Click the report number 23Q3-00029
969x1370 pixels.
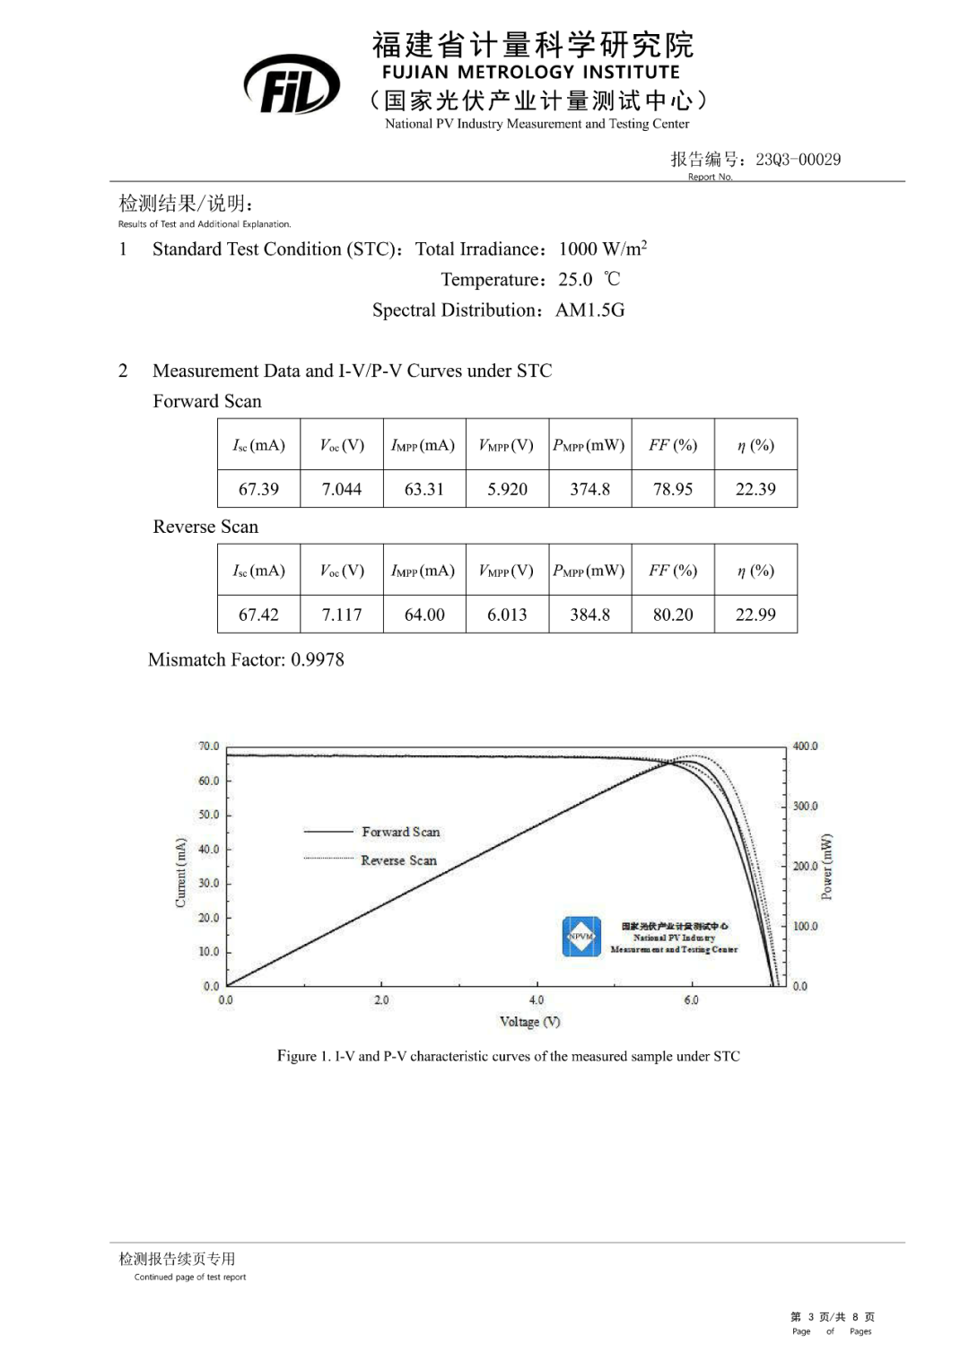pos(798,160)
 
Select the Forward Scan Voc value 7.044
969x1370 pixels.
pos(342,489)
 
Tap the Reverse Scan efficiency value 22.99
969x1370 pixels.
pos(755,615)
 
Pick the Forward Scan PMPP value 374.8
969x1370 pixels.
pos(589,489)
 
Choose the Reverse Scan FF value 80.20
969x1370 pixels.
pos(673,615)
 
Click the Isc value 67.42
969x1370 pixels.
pos(258,615)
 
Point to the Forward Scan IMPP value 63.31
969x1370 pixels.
pos(424,489)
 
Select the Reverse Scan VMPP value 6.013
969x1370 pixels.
pos(507,615)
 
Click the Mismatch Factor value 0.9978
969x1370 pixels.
pos(318,659)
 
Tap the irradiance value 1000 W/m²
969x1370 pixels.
pos(603,249)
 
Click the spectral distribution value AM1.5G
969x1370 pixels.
pos(590,310)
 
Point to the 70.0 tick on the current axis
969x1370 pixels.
pos(208,746)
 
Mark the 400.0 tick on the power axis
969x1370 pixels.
pos(805,746)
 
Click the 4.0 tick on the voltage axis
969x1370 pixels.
pos(537,999)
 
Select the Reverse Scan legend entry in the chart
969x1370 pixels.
pos(398,860)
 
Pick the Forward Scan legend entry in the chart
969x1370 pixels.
pos(400,833)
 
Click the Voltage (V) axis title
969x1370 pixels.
pos(529,1022)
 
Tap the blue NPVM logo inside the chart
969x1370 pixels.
pos(581,937)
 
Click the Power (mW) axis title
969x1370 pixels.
pos(827,867)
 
